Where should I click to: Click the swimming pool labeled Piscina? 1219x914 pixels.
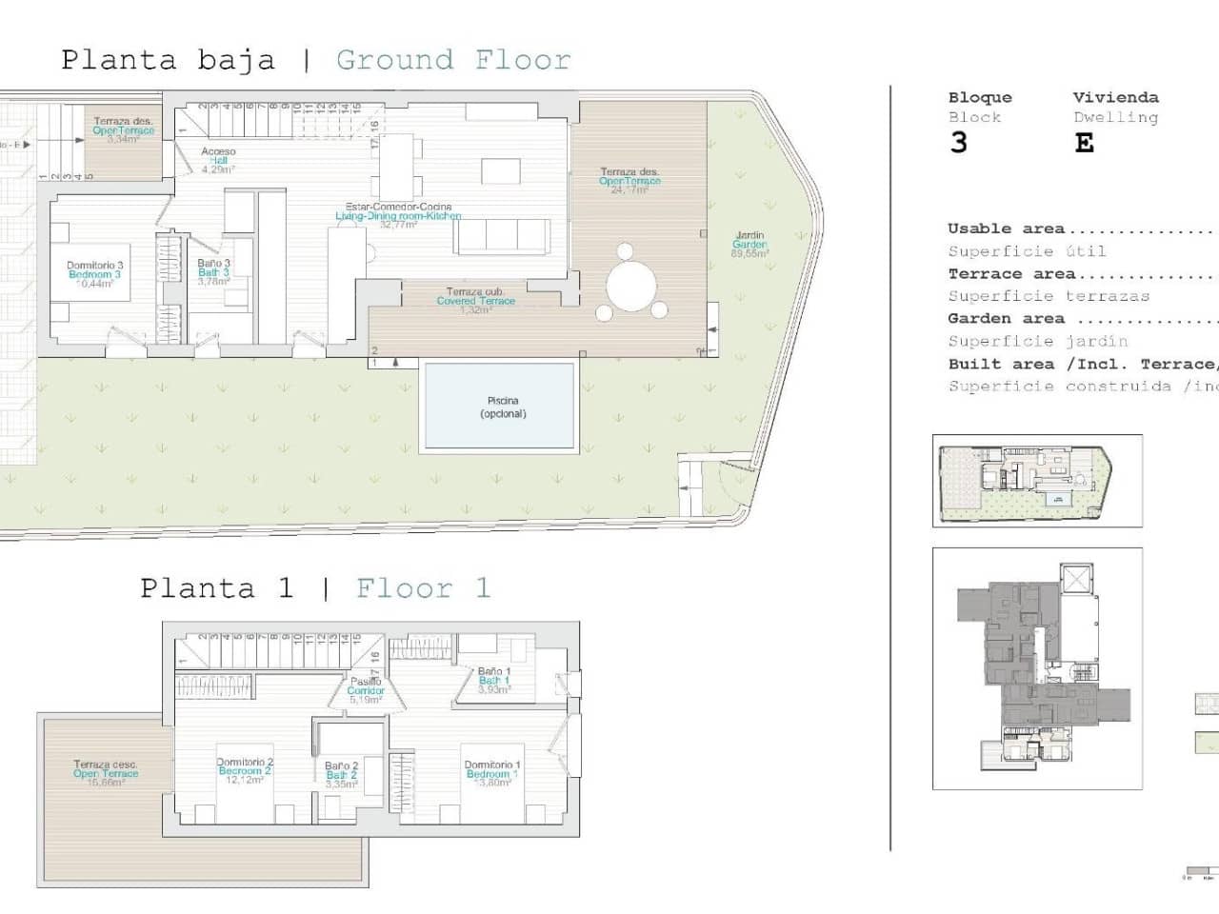click(500, 407)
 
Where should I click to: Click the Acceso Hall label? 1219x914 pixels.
click(218, 160)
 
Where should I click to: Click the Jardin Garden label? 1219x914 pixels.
click(749, 245)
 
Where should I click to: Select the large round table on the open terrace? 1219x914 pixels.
click(631, 286)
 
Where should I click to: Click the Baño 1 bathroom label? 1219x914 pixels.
click(494, 680)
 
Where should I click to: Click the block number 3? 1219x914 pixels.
click(958, 143)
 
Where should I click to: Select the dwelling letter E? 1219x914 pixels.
click(1084, 143)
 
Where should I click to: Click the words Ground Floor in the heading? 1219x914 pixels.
click(453, 60)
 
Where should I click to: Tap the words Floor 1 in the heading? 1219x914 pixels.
click(423, 588)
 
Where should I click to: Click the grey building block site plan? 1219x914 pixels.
click(1037, 668)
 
